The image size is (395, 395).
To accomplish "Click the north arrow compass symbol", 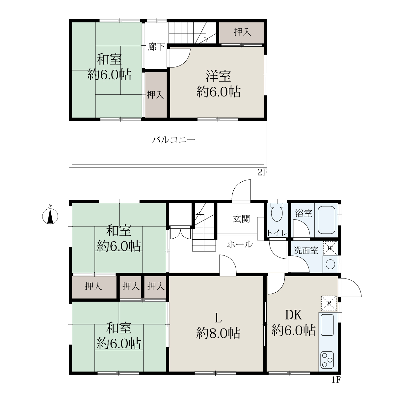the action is pos(50,216).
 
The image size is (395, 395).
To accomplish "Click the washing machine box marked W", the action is pos(330,249).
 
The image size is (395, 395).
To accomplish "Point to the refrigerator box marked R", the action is pos(329,303).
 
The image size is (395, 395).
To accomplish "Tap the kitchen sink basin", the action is pos(327,325).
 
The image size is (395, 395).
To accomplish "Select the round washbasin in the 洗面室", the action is pos(330,264).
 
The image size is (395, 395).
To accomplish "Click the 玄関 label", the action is pos(241,219).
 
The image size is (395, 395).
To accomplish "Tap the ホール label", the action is pos(240,244).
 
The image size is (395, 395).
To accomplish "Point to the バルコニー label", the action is pos(173,140).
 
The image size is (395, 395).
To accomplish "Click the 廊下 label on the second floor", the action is pos(156,47).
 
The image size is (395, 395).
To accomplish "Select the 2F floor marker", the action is pos(262,172).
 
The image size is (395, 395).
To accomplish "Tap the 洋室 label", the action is pos(219,76).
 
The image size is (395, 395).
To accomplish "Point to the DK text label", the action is pos(294,315).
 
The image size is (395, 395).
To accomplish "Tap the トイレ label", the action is pos(277,233).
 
